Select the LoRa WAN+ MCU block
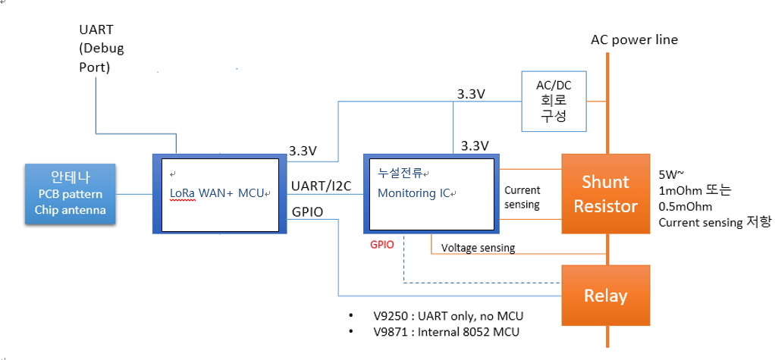(x=219, y=194)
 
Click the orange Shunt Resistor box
(x=605, y=193)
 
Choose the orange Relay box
(x=605, y=295)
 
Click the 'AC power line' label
(x=634, y=39)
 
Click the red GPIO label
(x=381, y=246)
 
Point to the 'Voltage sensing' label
(x=478, y=248)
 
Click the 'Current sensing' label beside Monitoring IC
(x=522, y=198)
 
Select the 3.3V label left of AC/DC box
(x=471, y=94)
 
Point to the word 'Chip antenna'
(x=70, y=210)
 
